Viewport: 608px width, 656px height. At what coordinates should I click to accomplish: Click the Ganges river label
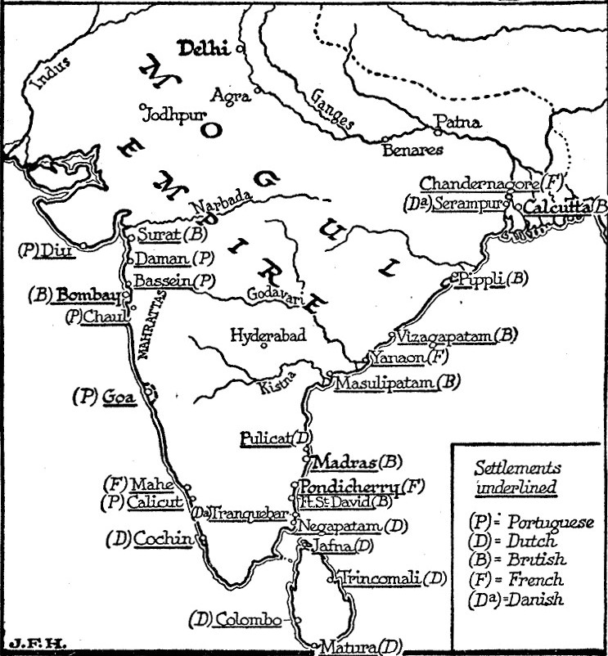(334, 109)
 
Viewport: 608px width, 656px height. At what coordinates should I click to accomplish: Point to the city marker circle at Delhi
(240, 49)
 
